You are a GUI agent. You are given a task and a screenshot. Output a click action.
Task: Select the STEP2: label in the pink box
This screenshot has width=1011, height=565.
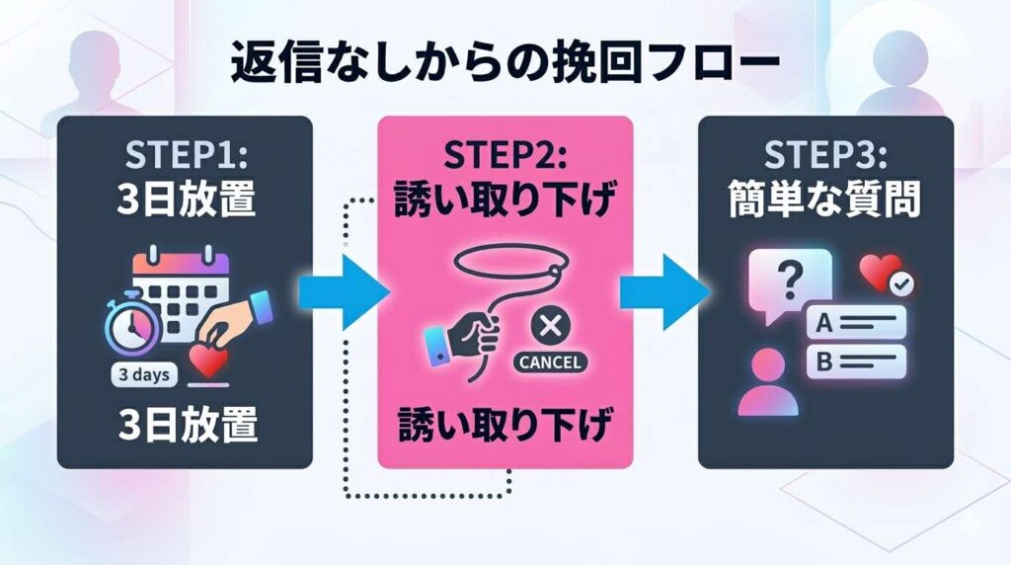tap(505, 158)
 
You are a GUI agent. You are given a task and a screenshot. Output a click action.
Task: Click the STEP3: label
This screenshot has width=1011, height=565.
tap(825, 158)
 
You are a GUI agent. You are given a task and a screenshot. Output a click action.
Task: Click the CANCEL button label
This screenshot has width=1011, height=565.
tap(549, 362)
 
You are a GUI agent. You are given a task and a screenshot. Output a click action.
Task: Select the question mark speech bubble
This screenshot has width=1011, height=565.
tap(790, 281)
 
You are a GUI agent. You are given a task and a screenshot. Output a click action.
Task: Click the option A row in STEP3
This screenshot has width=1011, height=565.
tap(855, 320)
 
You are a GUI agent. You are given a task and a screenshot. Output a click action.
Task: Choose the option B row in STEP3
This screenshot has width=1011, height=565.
tap(855, 361)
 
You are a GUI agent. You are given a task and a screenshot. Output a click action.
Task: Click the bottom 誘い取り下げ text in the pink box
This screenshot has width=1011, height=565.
tap(505, 426)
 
